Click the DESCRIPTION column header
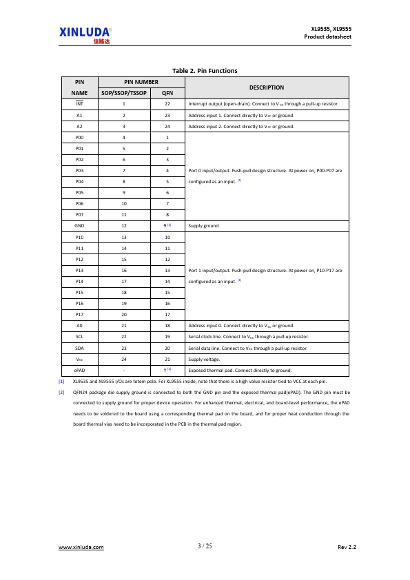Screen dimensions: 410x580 267,87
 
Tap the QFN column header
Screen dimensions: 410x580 167,92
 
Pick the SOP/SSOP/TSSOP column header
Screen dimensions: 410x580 124,92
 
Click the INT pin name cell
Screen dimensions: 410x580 79,104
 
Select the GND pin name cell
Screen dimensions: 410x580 79,225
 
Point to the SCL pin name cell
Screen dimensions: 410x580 79,336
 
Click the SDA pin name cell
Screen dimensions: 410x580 79,347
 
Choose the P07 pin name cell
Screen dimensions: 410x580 79,214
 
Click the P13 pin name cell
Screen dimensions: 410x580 79,270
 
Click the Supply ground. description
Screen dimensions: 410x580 205,225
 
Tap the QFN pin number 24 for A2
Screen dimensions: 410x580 167,126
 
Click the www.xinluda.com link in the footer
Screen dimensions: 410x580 81,547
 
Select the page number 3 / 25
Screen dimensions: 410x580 205,546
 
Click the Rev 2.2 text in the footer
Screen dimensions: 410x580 347,547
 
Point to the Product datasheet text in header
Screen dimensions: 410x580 328,37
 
